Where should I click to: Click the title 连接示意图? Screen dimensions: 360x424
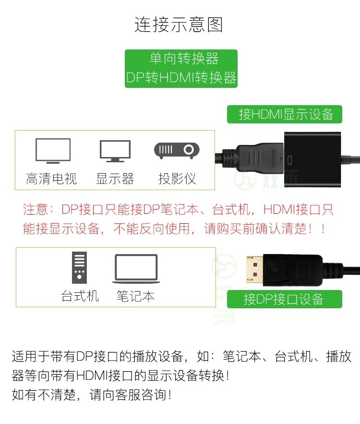click(x=179, y=24)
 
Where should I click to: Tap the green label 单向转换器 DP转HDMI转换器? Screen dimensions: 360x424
click(x=181, y=68)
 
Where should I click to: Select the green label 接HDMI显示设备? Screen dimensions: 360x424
click(x=284, y=114)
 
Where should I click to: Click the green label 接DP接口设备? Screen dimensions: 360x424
click(x=284, y=299)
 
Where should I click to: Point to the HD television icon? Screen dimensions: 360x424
click(x=53, y=151)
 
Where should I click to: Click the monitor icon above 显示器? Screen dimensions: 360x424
click(x=115, y=151)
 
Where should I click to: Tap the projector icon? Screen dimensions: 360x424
click(x=177, y=150)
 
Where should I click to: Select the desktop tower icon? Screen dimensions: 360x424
click(x=79, y=267)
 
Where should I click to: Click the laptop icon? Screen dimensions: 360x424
click(x=136, y=269)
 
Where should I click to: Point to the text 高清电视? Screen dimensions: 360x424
click(x=51, y=179)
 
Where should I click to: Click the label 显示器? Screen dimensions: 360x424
click(x=115, y=179)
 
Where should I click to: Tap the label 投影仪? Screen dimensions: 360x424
click(x=177, y=179)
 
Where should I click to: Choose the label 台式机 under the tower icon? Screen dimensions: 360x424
click(x=80, y=296)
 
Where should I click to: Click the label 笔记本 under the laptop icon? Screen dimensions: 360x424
click(x=136, y=296)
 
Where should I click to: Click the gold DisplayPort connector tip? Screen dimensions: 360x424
click(x=254, y=269)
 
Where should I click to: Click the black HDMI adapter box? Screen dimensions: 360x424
click(x=312, y=159)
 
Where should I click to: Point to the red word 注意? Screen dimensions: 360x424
click(x=36, y=209)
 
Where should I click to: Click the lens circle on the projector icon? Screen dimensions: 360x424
click(x=189, y=149)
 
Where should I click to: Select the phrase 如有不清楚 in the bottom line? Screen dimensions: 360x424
click(x=44, y=395)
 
